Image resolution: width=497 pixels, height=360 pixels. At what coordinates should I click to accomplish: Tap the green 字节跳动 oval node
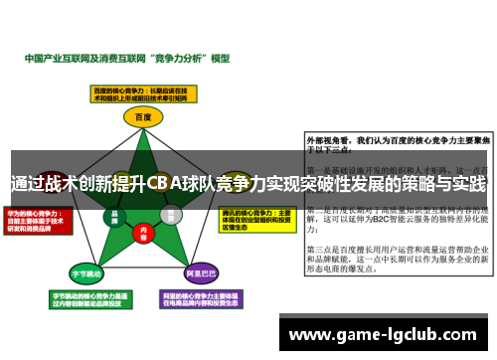86,271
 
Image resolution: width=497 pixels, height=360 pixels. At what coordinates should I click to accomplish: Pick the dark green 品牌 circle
115,214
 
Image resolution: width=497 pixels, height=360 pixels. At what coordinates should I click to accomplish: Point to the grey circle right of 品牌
171,213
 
